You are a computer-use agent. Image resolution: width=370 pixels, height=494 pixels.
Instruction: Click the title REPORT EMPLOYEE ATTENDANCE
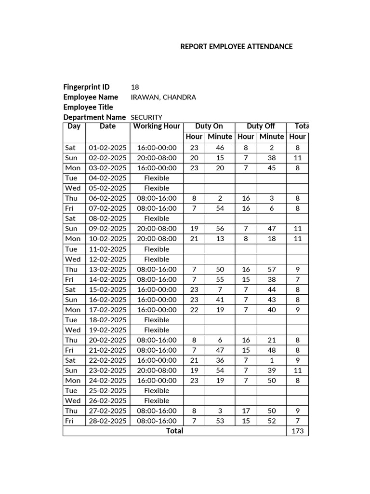point(236,47)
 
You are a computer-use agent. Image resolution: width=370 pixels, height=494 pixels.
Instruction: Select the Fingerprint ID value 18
point(135,87)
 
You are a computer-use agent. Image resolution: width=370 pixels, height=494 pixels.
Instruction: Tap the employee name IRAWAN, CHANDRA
point(163,97)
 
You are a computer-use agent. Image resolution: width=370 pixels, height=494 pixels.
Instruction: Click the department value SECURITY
point(146,117)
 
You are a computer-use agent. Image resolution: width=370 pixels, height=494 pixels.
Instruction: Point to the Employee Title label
point(88,107)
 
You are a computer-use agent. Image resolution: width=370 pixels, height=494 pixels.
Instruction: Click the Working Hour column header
point(157,126)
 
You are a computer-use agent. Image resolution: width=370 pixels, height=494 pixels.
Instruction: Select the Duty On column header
point(209,126)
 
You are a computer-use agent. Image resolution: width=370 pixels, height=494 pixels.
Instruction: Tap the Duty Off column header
point(261,126)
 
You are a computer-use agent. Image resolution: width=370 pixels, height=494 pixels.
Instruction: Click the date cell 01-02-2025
point(107,148)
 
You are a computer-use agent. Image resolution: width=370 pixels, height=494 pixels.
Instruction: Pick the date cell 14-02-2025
point(107,279)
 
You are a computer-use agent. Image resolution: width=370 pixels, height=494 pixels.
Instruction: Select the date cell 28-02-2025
point(107,421)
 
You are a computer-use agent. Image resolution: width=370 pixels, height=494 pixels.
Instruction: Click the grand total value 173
point(298,431)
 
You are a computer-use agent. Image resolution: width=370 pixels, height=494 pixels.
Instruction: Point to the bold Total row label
point(174,431)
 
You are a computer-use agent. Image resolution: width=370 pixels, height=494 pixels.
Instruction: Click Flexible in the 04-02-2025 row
point(157,178)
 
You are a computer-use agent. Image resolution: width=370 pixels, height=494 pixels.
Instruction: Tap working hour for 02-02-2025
point(157,158)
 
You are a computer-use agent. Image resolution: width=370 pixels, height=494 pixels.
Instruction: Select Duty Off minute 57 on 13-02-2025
point(272,269)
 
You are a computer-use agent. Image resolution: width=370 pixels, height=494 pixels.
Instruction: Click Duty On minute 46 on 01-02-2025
point(220,148)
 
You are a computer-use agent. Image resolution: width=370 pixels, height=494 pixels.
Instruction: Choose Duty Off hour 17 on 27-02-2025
point(246,411)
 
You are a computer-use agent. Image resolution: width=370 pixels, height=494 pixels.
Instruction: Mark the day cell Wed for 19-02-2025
point(73,330)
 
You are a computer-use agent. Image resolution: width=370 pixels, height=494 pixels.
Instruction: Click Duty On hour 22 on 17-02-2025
point(194,310)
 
